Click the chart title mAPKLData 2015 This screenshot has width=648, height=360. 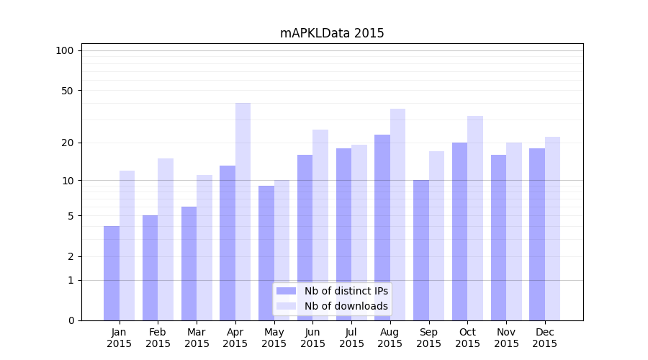332,33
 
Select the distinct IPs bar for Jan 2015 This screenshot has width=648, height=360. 112,273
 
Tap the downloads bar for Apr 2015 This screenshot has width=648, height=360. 243,212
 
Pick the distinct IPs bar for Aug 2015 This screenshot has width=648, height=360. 382,228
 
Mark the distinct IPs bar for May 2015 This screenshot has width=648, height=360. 266,253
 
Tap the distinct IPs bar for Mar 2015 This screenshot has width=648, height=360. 189,264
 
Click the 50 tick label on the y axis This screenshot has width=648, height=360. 68,91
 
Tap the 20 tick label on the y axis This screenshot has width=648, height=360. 68,143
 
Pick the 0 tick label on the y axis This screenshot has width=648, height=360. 71,320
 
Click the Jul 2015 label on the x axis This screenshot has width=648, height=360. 351,338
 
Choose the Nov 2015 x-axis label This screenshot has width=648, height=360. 506,338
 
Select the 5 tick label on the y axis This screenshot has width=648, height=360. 71,216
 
